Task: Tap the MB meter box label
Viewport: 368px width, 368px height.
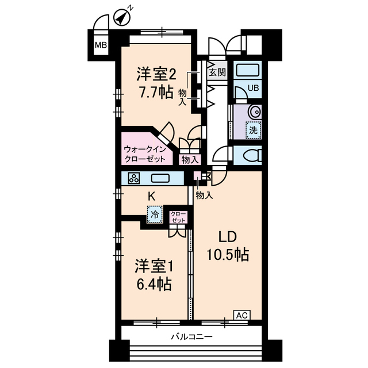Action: tap(101, 45)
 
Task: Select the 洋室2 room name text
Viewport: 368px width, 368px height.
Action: tap(155, 74)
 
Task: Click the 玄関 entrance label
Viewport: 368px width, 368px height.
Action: tap(216, 72)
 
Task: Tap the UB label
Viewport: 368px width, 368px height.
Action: tap(253, 88)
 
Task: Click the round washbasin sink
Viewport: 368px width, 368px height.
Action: tap(254, 112)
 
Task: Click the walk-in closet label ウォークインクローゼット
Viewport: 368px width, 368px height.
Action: tap(145, 154)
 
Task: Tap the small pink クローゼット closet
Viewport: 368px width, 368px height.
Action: tap(178, 217)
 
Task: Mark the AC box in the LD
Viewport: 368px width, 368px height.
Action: tap(242, 315)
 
